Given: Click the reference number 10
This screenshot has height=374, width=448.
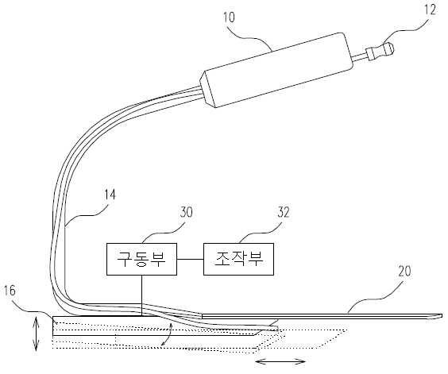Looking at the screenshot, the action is [229, 17].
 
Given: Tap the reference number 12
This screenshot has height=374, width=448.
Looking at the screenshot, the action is [431, 10].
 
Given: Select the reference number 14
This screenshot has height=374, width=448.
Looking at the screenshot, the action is [110, 195].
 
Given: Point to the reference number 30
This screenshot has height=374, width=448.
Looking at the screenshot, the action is [187, 212].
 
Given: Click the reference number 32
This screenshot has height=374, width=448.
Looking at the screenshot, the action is [284, 212].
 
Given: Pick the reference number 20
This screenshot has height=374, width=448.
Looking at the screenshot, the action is [404, 271].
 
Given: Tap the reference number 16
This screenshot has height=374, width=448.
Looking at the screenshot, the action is [10, 291].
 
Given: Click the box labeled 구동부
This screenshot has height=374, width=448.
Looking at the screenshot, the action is [141, 259].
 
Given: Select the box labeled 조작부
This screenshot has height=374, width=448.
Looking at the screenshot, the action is [238, 259].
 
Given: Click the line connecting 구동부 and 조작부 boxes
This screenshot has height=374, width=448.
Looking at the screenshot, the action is [191, 259].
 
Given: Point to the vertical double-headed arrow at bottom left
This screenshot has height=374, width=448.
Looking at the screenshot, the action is [36, 334].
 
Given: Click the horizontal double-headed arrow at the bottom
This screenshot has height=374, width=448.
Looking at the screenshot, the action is [280, 362].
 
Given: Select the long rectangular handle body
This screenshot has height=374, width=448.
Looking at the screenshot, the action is [277, 70].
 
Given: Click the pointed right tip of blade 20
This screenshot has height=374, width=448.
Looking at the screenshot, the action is [442, 316].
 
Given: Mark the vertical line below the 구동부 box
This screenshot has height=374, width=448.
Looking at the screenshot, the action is [141, 295].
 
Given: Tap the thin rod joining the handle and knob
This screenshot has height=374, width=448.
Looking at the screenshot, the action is [360, 57].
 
